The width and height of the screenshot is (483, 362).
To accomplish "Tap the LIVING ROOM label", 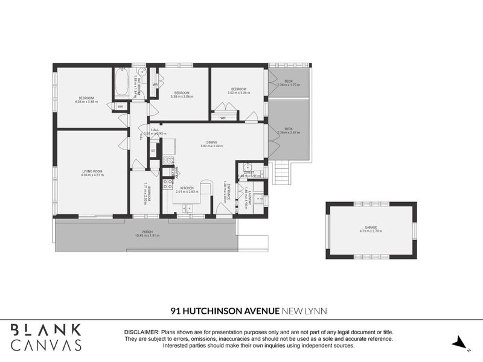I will click(92, 171).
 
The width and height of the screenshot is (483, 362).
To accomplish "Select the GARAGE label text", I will click(371, 227).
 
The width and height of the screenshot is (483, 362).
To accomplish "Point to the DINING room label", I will click(212, 142).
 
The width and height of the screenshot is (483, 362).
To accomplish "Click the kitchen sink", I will click(187, 208).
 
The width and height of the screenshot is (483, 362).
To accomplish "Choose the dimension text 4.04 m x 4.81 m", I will click(92, 175).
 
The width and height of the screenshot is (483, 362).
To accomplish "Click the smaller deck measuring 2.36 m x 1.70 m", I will click(288, 82).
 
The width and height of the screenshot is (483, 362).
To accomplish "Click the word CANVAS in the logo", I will click(46, 345).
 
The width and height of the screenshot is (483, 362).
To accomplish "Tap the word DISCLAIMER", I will click(141, 332).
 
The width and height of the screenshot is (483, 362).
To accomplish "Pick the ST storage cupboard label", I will click(153, 150).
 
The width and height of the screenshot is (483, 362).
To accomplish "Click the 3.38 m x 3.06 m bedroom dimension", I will click(181, 97).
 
